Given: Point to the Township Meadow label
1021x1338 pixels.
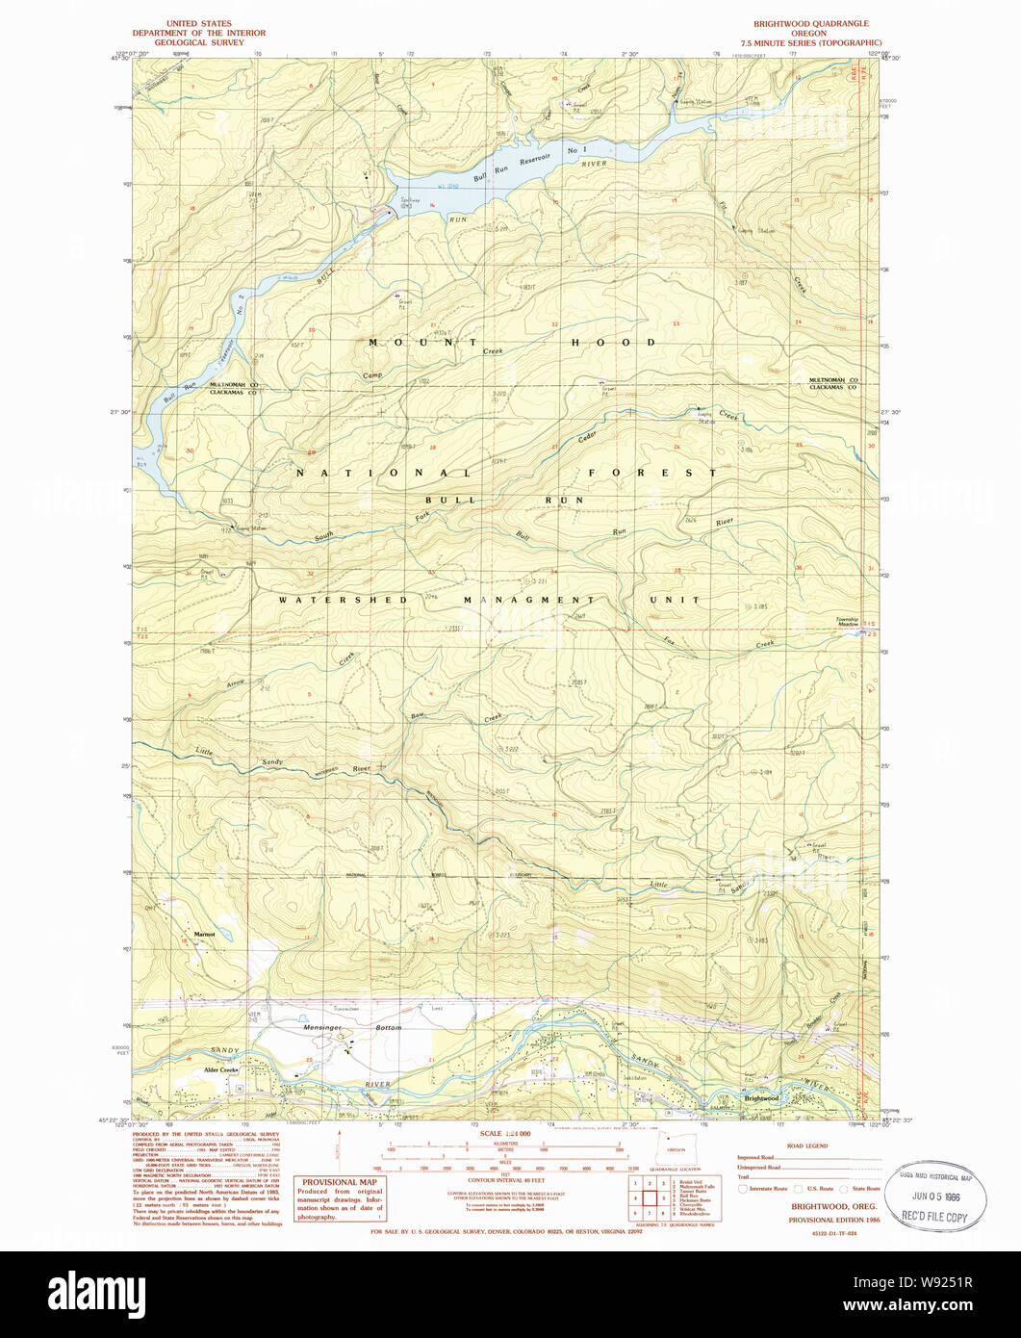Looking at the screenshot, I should pos(847,623).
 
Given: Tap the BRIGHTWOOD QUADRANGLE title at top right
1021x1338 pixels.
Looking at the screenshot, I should pos(811,23).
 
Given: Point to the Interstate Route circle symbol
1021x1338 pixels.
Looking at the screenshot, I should pos(742,1190).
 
